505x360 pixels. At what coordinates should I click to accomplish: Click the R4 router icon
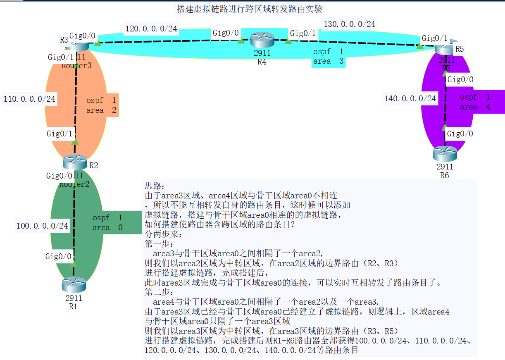pos(262,41)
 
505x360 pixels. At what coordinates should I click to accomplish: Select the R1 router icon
pos(74,285)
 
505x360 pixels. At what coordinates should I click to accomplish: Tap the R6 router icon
pos(445,154)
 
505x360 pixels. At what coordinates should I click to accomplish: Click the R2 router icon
pos(75,162)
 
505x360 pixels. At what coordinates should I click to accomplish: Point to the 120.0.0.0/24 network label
pos(151,29)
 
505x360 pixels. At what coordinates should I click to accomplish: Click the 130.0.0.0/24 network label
pos(349,24)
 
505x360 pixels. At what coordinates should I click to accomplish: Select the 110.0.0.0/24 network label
pos(29,99)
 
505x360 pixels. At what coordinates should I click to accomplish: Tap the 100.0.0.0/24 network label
pos(42,226)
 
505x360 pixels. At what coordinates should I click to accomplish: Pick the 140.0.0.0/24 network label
pos(410,98)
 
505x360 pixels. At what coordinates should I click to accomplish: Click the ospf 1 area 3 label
pos(328,57)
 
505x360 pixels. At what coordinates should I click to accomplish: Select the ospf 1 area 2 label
pos(101,105)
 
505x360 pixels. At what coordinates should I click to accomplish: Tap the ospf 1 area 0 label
pos(107,223)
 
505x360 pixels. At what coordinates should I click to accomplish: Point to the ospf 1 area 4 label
pos(475,102)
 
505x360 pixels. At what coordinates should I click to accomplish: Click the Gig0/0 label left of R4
pos(225,33)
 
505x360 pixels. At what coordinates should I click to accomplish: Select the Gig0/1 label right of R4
pos(303,33)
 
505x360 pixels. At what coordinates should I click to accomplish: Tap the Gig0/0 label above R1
pos(59,257)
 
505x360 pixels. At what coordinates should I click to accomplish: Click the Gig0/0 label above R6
pos(460,134)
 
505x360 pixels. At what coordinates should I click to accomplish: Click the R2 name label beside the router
pos(93,166)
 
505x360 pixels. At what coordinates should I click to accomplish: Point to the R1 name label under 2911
pos(73,306)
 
